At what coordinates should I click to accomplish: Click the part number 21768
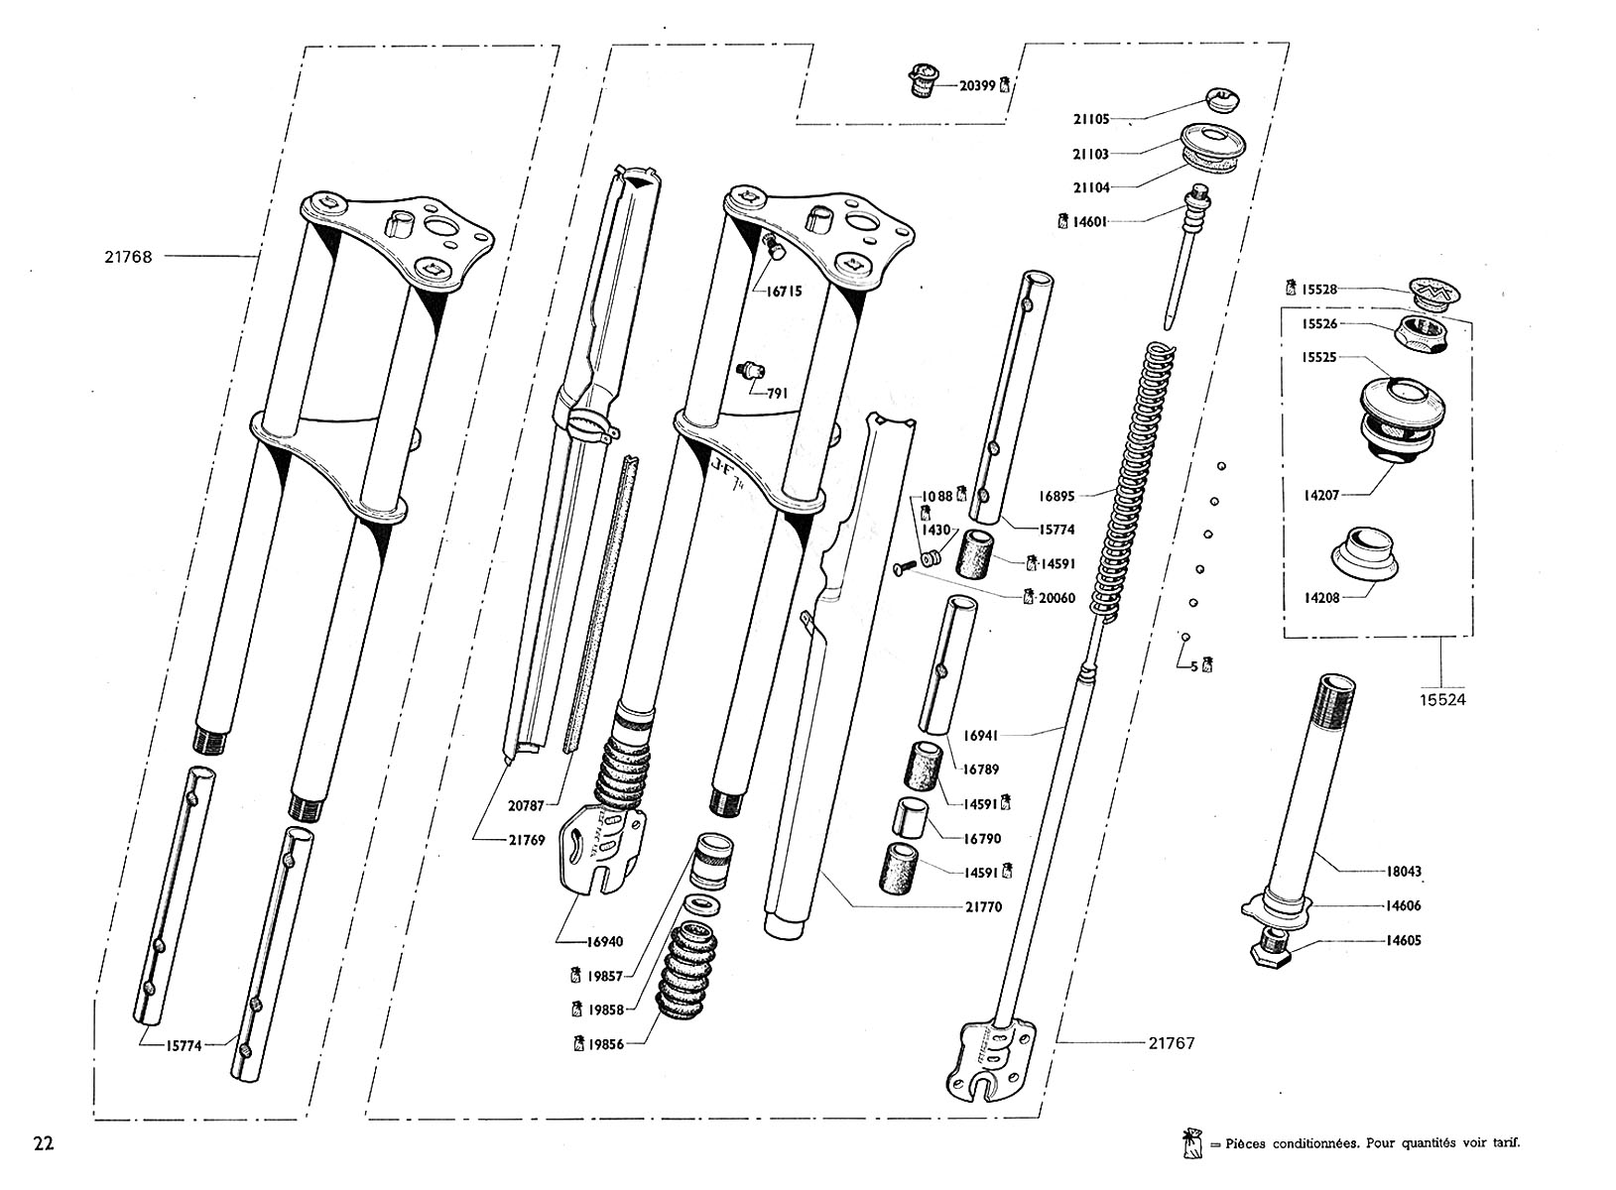(x=128, y=257)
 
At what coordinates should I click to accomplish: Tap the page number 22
(x=44, y=1143)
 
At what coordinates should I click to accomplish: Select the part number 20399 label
(x=977, y=86)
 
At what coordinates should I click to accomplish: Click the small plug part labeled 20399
(x=923, y=80)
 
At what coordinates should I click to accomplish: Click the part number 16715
(x=784, y=293)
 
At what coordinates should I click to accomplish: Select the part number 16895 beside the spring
(x=1057, y=496)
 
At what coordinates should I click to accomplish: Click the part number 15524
(x=1442, y=699)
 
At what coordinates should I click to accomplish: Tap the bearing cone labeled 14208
(x=1365, y=555)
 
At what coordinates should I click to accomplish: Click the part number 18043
(x=1404, y=872)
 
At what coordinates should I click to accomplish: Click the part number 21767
(x=1172, y=1043)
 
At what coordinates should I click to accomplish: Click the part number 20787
(x=526, y=806)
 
